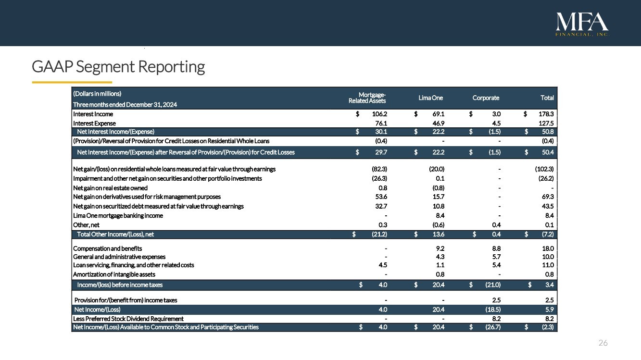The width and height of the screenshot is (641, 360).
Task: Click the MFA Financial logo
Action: pos(582,25)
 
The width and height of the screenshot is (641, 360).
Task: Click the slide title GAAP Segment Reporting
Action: pos(118,66)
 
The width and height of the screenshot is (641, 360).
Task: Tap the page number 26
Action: pos(603,343)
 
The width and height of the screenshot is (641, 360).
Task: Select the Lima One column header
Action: pos(430,98)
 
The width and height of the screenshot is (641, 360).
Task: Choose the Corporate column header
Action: pos(486,98)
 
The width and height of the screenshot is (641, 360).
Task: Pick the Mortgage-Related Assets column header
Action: pos(367,98)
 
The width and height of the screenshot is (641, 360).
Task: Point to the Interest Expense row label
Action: pos(94,123)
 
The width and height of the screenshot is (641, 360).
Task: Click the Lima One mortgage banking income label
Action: pos(118,215)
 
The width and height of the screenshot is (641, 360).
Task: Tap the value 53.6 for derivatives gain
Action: pos(381,197)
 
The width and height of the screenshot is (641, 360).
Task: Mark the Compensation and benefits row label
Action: pos(107,248)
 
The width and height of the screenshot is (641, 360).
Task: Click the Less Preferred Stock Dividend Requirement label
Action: pos(128,319)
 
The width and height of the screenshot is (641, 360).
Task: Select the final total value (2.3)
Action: pos(547,327)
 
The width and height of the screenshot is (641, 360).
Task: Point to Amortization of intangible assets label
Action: pos(114,274)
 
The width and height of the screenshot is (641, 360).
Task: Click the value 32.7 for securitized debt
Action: pos(381,206)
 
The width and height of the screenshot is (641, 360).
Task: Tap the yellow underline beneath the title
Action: pos(72,82)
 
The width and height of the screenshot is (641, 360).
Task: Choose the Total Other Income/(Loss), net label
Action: pos(115,234)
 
